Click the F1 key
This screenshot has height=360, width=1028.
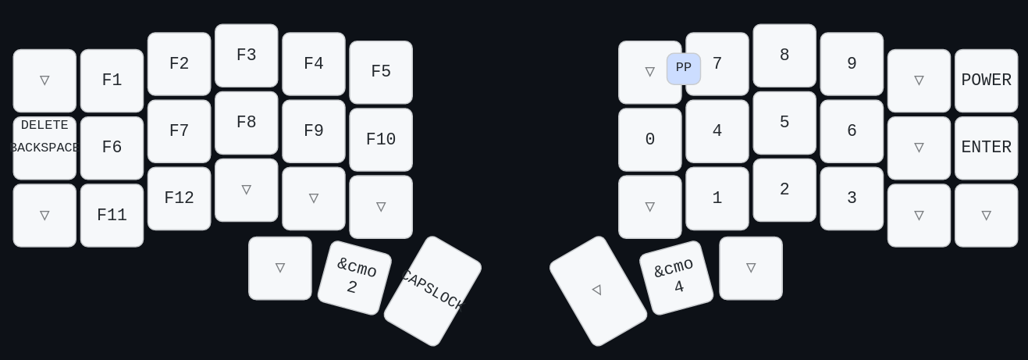pyautogui.click(x=112, y=80)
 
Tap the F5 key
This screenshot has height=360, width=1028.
pyautogui.click(x=381, y=72)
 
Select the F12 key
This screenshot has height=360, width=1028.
pyautogui.click(x=179, y=198)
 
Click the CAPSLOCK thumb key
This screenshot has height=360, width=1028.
pyautogui.click(x=432, y=290)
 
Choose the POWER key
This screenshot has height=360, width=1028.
pyautogui.click(x=986, y=80)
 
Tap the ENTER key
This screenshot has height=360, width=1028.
pyautogui.click(x=986, y=148)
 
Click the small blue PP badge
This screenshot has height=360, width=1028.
pyautogui.click(x=683, y=68)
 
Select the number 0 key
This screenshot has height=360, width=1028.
pyautogui.click(x=649, y=140)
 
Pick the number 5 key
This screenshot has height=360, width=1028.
pyautogui.click(x=784, y=123)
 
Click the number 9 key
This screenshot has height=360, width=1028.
pyautogui.click(x=852, y=64)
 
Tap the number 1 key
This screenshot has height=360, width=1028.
pyautogui.click(x=717, y=198)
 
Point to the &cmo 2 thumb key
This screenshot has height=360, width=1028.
pyautogui.click(x=354, y=277)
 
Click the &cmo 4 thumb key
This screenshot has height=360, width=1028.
pyautogui.click(x=676, y=277)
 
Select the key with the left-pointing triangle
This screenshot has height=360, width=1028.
pyautogui.click(x=598, y=290)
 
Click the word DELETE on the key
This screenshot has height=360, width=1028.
pyautogui.click(x=44, y=125)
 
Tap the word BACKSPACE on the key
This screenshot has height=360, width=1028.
pyautogui.click(x=44, y=148)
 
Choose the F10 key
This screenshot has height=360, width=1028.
pyautogui.click(x=381, y=140)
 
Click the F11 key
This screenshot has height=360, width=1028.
pyautogui.click(x=112, y=216)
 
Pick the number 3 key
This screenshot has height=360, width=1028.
pyautogui.click(x=852, y=198)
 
